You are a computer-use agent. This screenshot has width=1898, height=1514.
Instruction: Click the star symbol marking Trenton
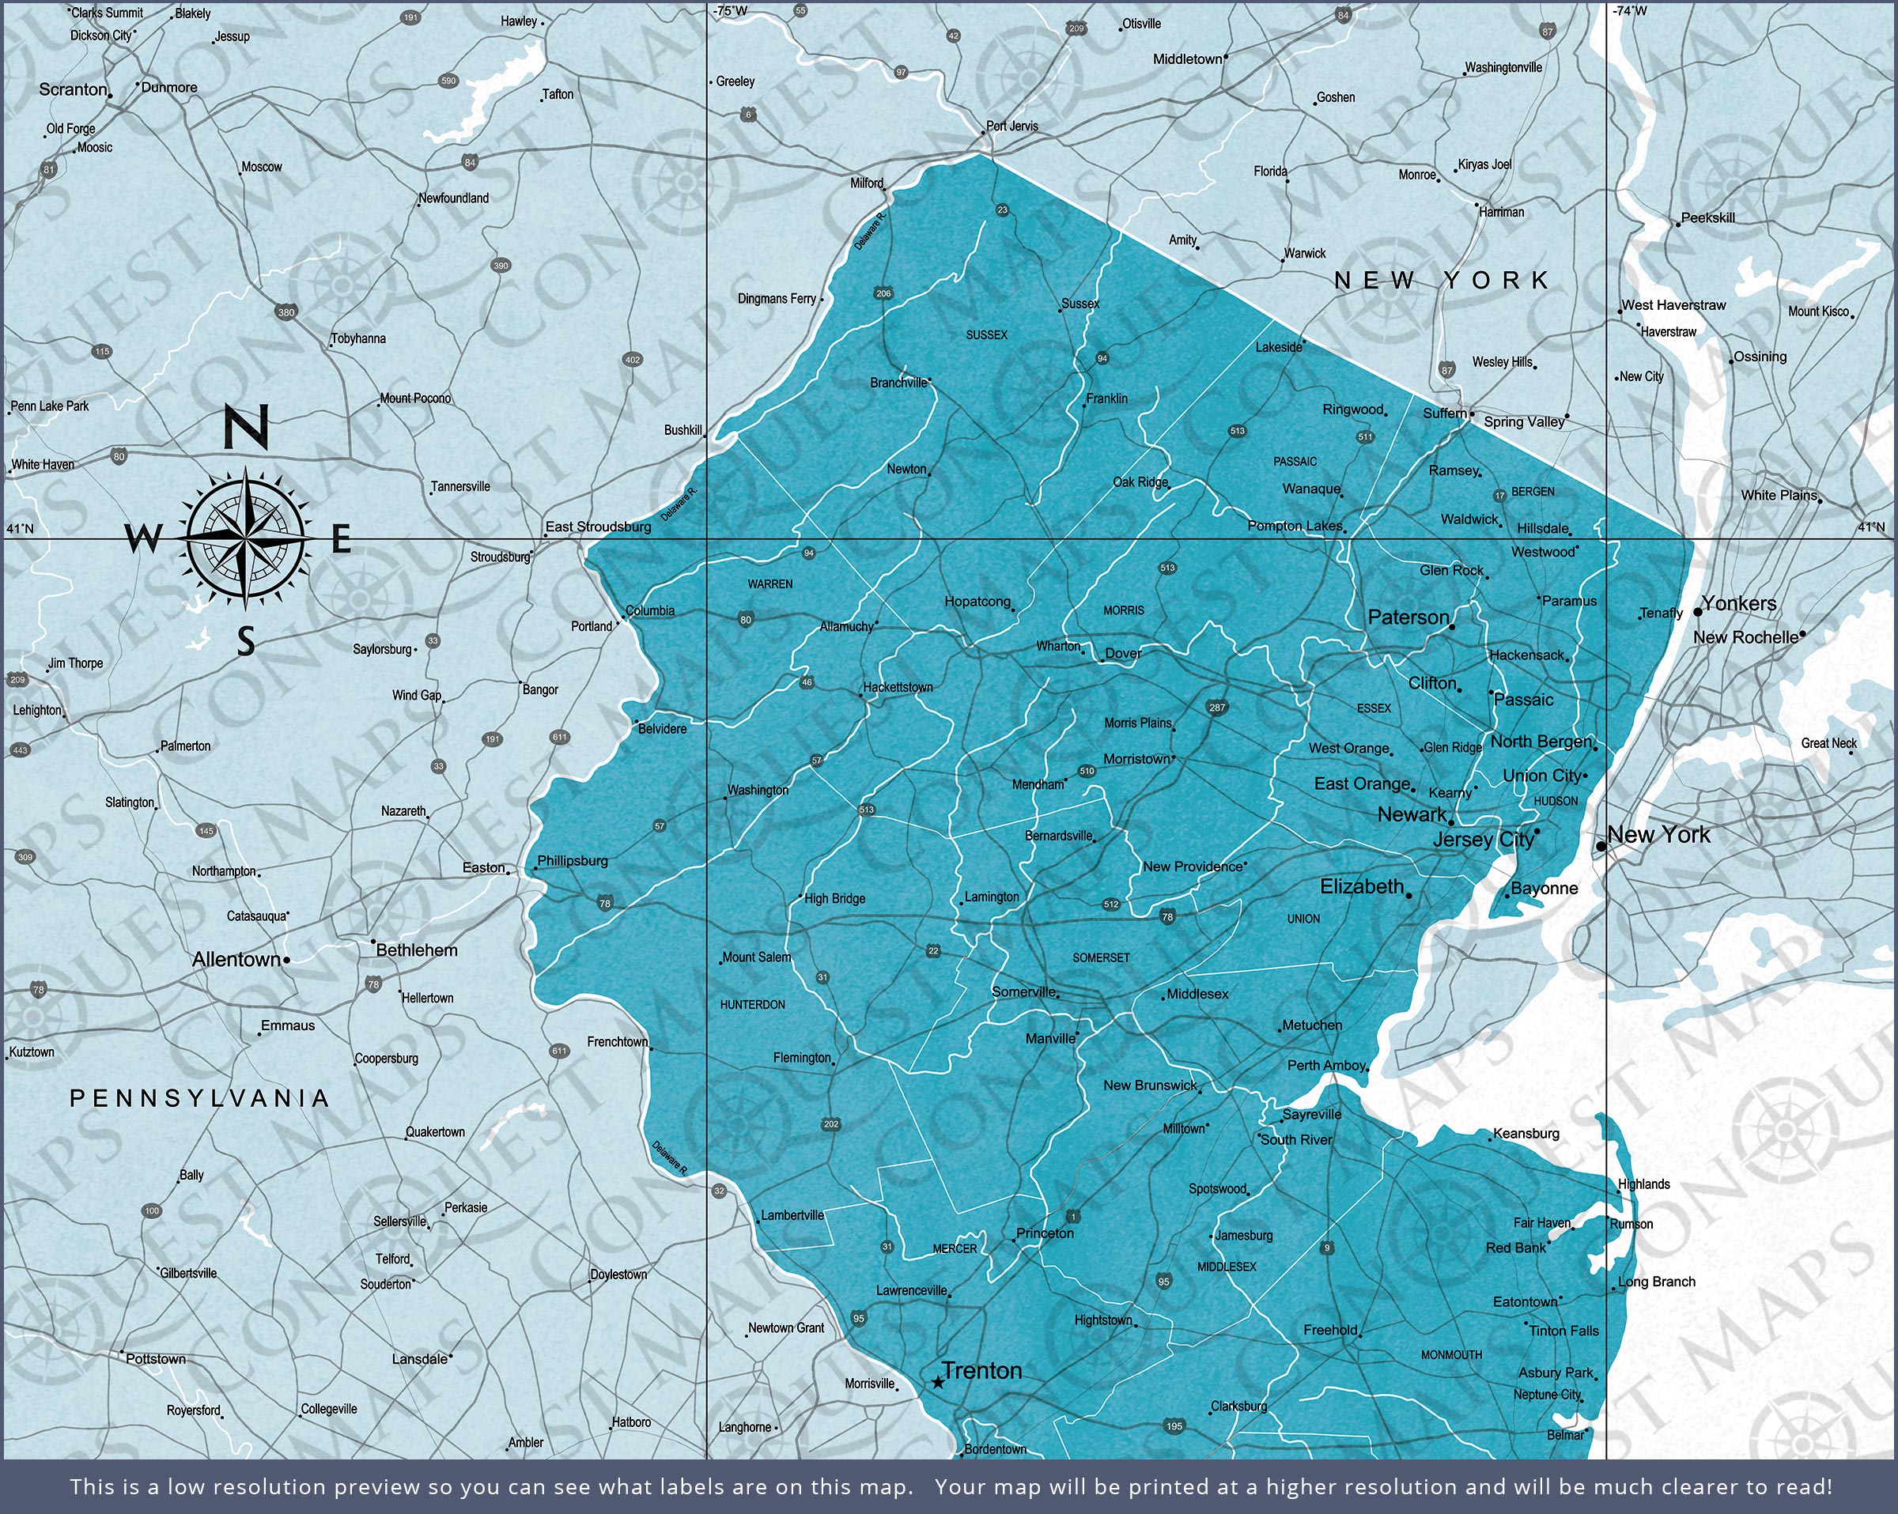coord(939,1383)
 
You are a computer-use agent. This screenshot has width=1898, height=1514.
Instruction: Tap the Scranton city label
coord(73,90)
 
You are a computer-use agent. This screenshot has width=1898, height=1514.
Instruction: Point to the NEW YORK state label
coord(1441,281)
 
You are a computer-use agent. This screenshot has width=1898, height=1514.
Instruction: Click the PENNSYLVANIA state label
coord(200,1098)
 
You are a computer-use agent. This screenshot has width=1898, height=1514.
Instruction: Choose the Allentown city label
coord(236,960)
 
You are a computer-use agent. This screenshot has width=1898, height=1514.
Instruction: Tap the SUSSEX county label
coord(986,335)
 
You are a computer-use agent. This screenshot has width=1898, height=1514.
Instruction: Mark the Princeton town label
coord(1045,1233)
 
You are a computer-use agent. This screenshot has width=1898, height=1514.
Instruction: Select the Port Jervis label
coord(1011,126)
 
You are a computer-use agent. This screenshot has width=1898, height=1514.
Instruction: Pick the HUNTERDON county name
coord(753,1004)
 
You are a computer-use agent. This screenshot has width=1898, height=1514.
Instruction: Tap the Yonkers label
coord(1739,604)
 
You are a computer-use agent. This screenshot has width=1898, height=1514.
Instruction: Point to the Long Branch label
coord(1656,1282)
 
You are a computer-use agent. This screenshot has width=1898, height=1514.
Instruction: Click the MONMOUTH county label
coord(1452,1354)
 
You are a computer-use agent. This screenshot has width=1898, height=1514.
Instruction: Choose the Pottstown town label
coord(156,1359)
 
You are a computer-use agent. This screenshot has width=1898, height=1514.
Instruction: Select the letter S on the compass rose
coord(247,642)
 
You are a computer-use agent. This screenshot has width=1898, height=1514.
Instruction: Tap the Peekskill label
coord(1708,218)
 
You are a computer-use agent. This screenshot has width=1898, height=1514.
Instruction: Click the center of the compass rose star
coord(246,536)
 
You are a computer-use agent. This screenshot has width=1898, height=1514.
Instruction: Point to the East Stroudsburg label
coord(598,527)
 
